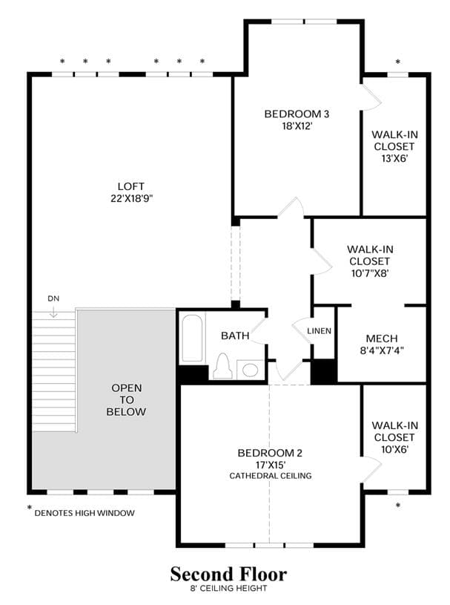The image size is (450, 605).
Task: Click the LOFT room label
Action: [x=131, y=186]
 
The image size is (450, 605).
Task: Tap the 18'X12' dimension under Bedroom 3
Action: [x=297, y=125]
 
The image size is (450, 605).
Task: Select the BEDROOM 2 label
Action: [x=270, y=453]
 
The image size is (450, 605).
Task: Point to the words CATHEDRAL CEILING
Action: [x=271, y=476]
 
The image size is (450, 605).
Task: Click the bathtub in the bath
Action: [x=192, y=339]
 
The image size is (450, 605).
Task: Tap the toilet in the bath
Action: [x=222, y=366]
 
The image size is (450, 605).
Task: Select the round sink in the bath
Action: [x=250, y=370]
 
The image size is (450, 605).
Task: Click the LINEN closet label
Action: [x=319, y=331]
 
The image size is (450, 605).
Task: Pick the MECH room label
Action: [x=382, y=339]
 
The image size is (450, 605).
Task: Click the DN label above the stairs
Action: [x=53, y=298]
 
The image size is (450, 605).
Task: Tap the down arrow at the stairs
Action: [x=53, y=311]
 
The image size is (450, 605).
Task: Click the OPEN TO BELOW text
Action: [x=126, y=399]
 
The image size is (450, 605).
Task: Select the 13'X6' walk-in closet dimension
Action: [x=394, y=158]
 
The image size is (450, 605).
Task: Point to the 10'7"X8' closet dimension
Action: [x=370, y=273]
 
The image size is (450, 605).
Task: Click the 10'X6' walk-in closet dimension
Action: [x=394, y=449]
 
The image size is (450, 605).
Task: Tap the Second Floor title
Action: [x=228, y=574]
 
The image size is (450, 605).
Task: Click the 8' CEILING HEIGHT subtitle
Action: [x=228, y=589]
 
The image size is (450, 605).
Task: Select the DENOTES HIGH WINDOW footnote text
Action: [x=85, y=513]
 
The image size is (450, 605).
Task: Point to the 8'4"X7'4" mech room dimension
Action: [x=382, y=350]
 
